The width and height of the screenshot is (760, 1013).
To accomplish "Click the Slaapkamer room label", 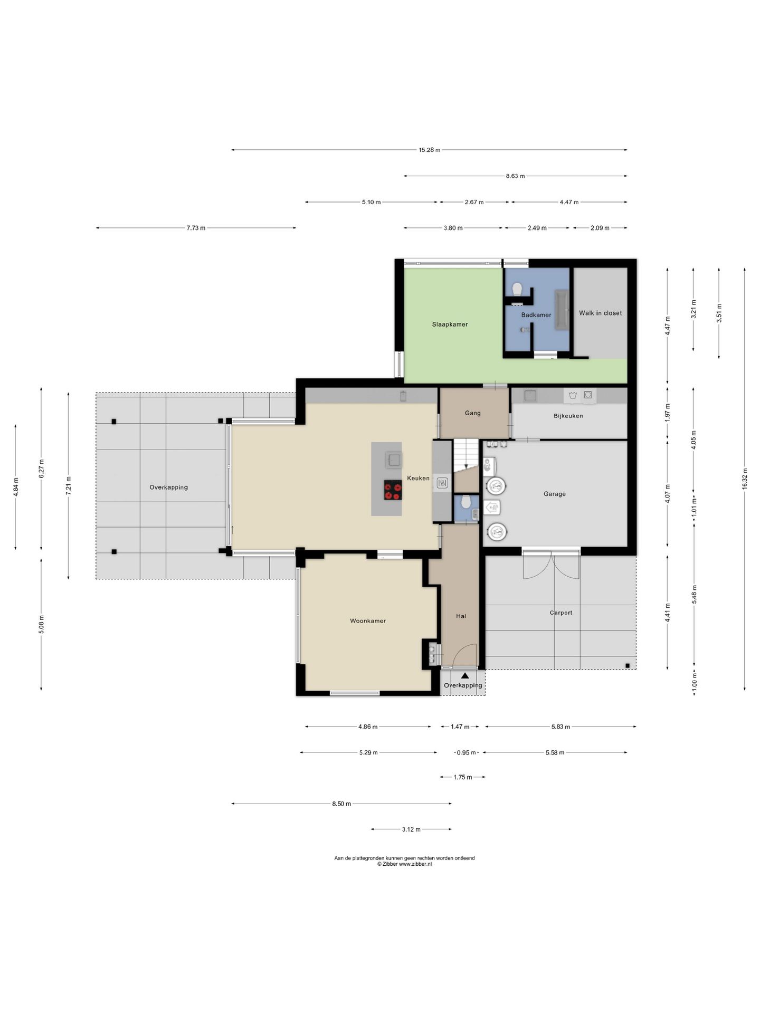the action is click(450, 324).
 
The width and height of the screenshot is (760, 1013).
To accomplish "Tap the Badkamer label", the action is click(536, 315).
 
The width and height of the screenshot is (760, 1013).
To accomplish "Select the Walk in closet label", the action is click(600, 313).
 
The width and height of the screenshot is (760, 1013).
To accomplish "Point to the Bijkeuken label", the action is click(568, 416).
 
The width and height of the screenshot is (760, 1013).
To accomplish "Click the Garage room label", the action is click(554, 494).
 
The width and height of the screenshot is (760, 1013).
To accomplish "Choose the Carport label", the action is click(560, 613).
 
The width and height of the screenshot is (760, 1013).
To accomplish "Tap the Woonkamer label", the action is click(368, 621).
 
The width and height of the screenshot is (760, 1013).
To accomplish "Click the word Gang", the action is click(472, 413).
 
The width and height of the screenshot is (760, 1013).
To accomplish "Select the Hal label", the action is click(461, 616).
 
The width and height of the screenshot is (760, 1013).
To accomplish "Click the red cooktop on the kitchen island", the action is click(393, 490).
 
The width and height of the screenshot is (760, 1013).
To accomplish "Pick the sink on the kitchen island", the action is click(393, 460).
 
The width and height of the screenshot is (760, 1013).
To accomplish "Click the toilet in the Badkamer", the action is click(517, 289).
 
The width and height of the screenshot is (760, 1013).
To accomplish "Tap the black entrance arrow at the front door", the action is click(464, 675).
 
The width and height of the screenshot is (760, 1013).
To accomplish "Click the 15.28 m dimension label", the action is click(429, 150).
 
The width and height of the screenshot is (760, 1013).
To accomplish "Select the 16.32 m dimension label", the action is click(745, 479).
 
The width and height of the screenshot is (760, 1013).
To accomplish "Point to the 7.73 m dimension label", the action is click(196, 228).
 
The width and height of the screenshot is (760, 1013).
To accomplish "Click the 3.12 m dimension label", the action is click(411, 829).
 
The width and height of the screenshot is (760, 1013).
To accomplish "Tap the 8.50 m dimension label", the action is click(341, 804).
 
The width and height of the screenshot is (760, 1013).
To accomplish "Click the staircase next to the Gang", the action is click(466, 465).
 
